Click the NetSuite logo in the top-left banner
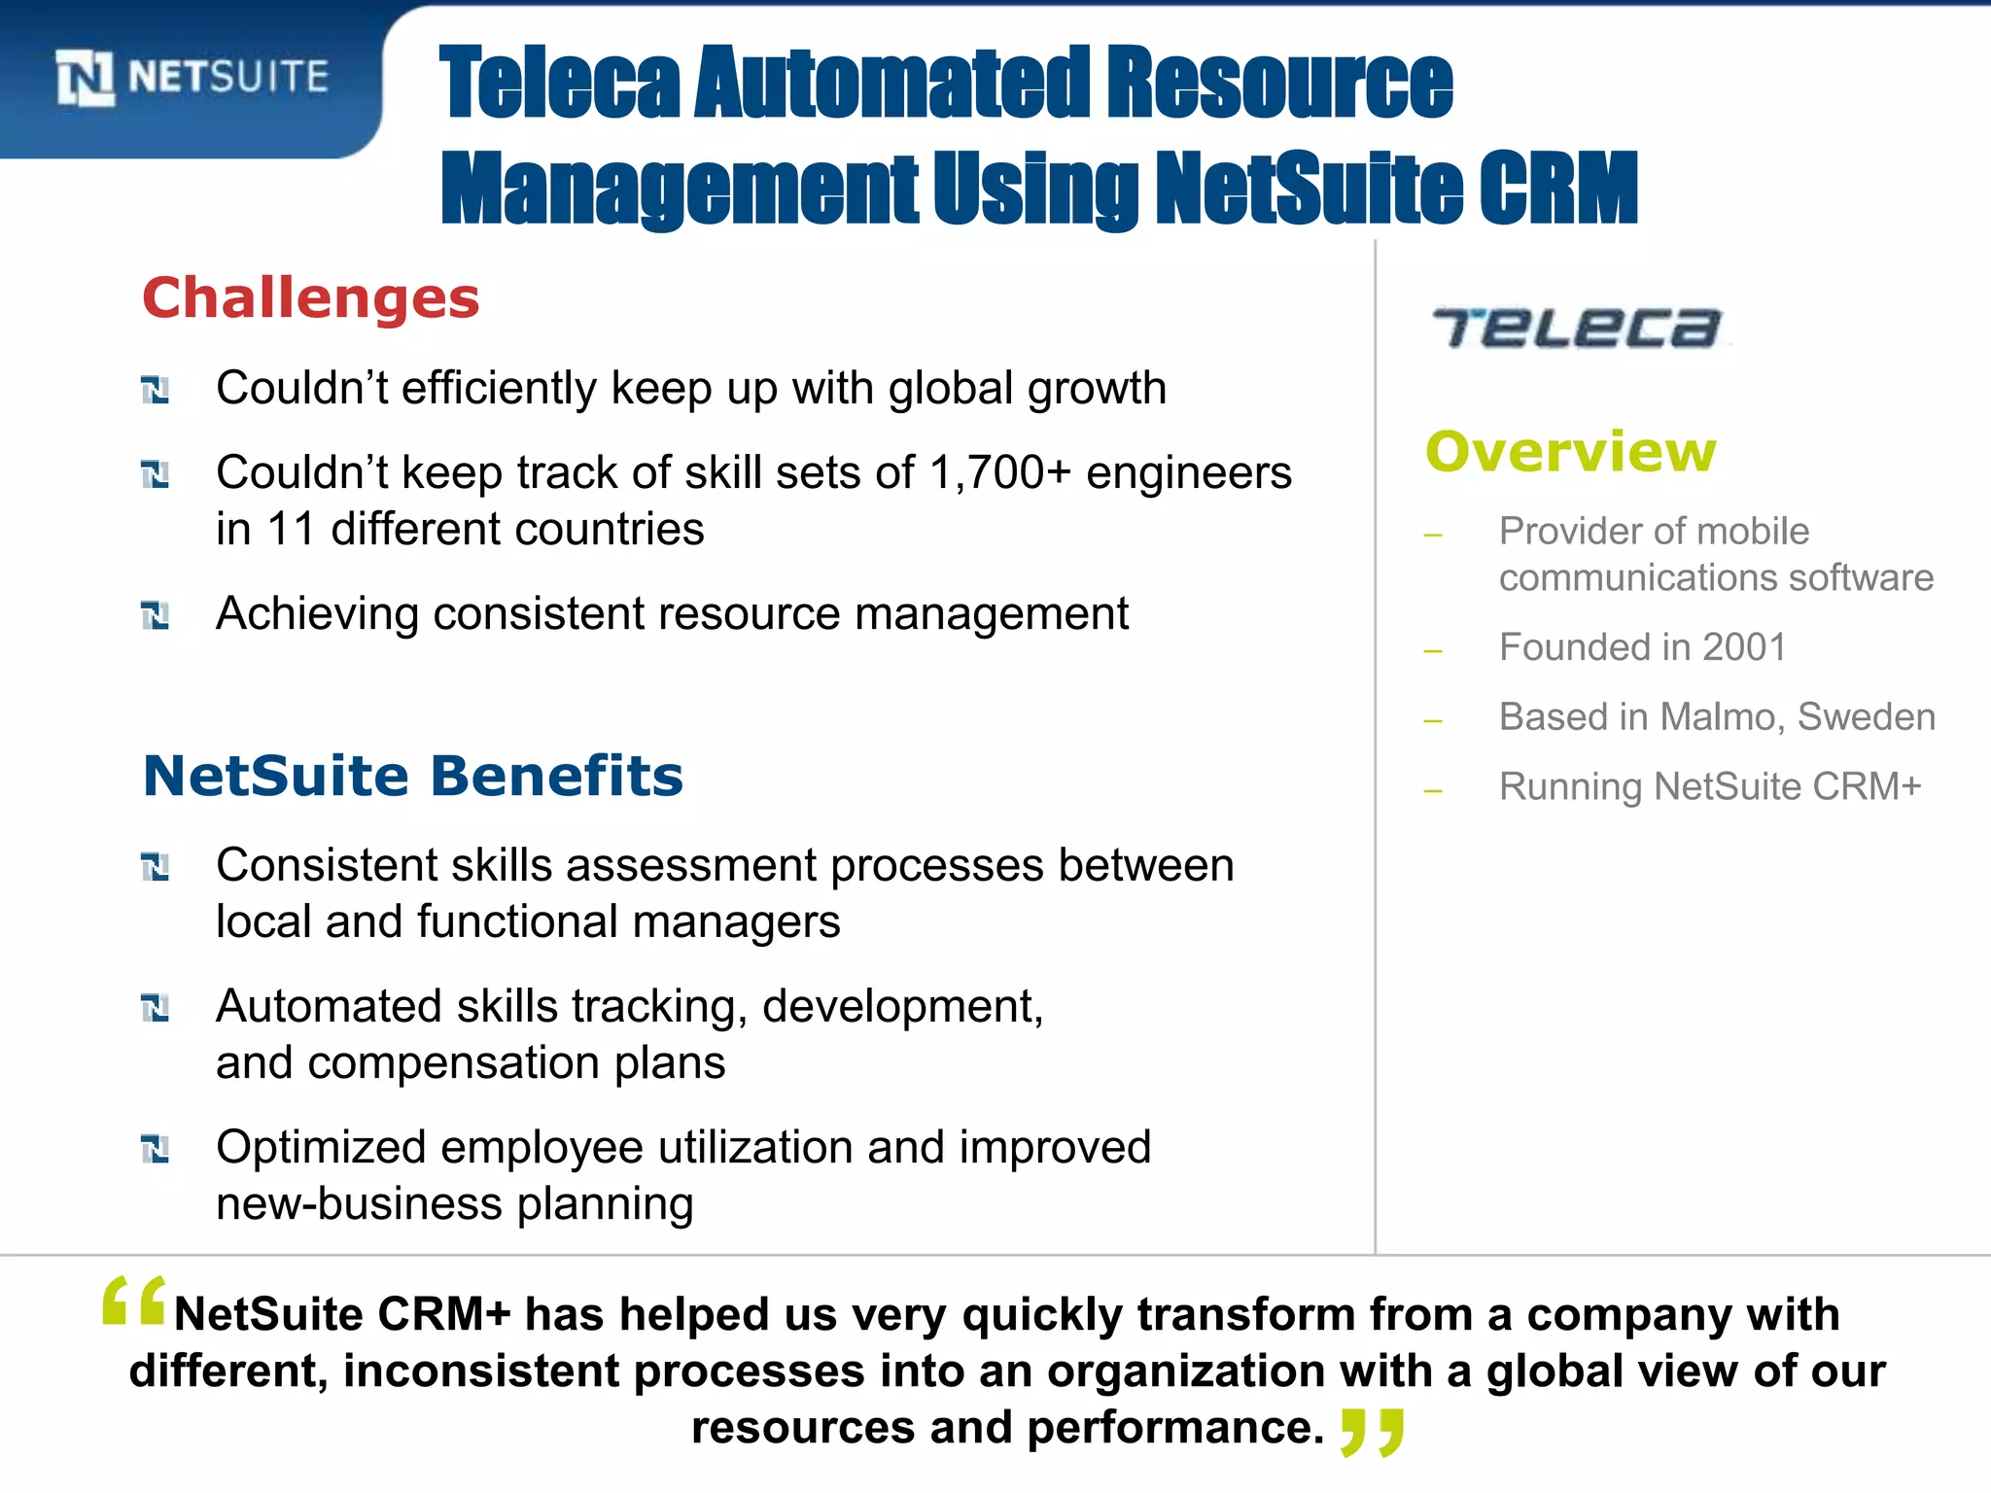[x=192, y=77]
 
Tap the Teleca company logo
[x=1577, y=328]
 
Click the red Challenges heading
[x=311, y=297]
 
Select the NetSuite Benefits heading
[x=413, y=776]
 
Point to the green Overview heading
[x=1571, y=451]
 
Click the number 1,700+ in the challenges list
[x=999, y=473]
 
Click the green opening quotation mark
[x=134, y=1301]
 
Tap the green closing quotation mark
[x=1372, y=1432]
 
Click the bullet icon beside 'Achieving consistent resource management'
[x=156, y=615]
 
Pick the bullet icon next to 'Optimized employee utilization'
[x=156, y=1149]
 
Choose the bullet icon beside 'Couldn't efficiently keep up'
[x=156, y=391]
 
